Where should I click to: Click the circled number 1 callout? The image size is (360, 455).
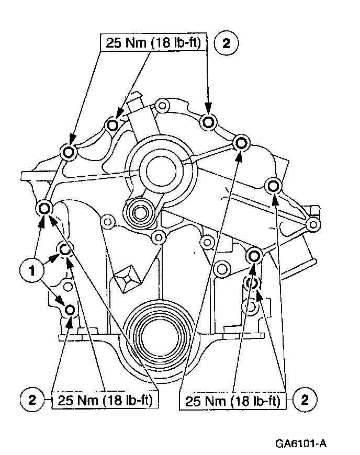click(x=30, y=271)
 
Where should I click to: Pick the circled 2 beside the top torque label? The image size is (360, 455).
click(x=226, y=44)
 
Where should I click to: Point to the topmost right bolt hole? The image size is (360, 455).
click(x=209, y=122)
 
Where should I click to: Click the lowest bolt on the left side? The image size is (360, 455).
click(x=70, y=311)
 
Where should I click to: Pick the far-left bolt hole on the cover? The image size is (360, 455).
click(x=44, y=208)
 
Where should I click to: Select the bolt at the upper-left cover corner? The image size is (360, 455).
click(x=68, y=152)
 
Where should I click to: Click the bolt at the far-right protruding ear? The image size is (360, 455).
click(x=313, y=225)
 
